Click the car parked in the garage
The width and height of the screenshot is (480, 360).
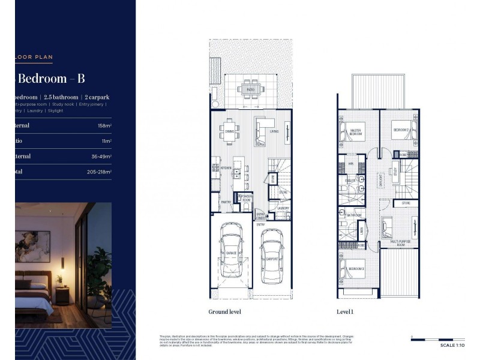tap(230, 253)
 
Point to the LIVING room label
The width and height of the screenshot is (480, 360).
tap(274, 131)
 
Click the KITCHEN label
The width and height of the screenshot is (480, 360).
tap(226, 168)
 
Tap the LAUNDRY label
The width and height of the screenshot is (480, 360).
tap(283, 209)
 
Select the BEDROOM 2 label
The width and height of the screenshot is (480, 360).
tap(401, 130)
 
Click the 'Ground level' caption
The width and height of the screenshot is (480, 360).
tap(225, 312)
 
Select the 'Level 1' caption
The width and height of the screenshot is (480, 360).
tap(346, 312)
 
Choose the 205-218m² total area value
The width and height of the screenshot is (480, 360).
tap(99, 172)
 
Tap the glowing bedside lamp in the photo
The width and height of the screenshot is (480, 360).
tap(61, 278)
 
